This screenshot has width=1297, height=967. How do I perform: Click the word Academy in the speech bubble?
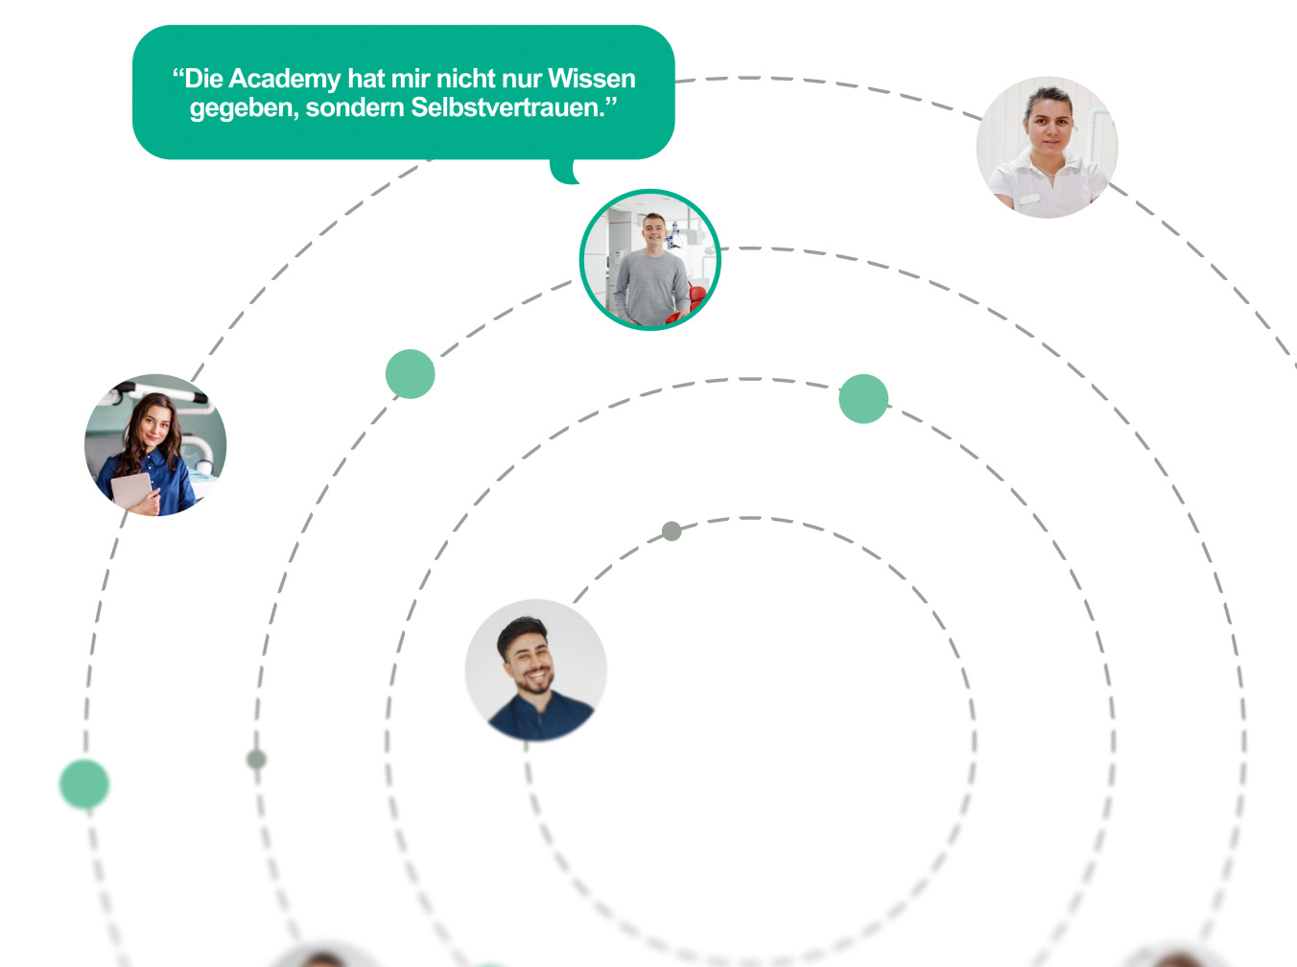point(284,79)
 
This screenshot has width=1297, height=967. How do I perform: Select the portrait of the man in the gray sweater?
point(649,260)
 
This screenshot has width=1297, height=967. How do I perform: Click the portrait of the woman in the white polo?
point(1047,148)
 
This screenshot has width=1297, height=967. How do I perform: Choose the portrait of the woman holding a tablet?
point(155,445)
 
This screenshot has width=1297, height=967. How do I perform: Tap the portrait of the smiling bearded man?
point(535,672)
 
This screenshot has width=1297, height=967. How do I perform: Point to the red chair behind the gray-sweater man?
point(695,300)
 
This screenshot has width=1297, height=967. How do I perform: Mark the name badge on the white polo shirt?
point(1028,199)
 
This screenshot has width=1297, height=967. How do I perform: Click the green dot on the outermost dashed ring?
point(84,785)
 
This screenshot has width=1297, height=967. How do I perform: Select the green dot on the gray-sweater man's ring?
point(410,374)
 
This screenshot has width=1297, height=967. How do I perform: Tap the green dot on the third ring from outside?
point(863,398)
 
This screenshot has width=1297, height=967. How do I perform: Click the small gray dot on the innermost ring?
point(672,531)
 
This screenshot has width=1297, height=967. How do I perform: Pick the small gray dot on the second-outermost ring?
point(256,760)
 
